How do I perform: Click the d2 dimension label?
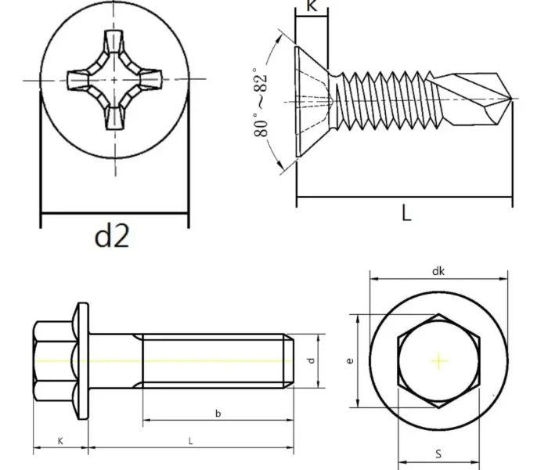point(112,236)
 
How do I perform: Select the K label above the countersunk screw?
point(312,7)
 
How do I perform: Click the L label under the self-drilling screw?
point(406,212)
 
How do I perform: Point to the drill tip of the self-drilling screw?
point(510,98)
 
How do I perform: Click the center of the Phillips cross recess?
point(115,81)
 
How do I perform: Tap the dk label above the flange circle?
point(438,270)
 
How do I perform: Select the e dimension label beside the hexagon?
point(350,361)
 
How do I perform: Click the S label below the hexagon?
point(438,454)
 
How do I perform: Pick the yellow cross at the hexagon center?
point(438,361)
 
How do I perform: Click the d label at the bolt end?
point(310,360)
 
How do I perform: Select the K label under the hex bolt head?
point(60,441)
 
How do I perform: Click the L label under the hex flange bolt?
point(190,441)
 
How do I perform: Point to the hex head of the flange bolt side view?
point(52,361)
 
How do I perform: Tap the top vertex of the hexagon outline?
point(438,315)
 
